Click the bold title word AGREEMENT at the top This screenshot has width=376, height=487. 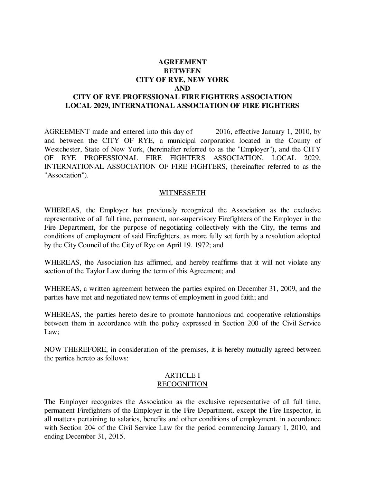point(182,62)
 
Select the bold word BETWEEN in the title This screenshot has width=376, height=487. point(182,71)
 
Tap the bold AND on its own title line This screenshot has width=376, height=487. point(182,88)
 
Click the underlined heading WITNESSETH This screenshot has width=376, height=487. point(182,193)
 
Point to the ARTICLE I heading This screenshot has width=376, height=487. point(182,375)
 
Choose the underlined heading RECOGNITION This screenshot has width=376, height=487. point(182,384)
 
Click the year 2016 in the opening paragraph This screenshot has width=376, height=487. point(223,132)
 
